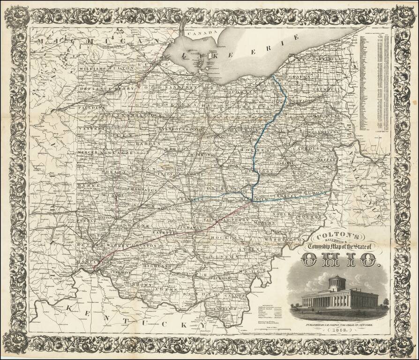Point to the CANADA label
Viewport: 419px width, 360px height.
pos(202,33)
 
